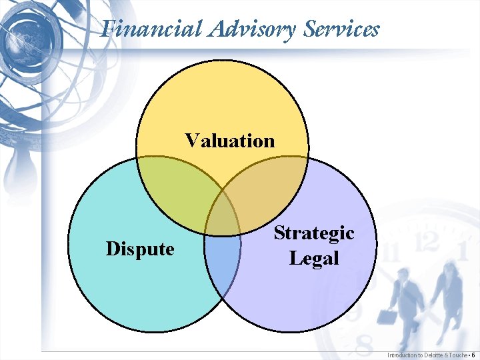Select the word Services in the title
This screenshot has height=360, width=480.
tap(341, 29)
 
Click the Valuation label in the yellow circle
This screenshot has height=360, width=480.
tap(230, 141)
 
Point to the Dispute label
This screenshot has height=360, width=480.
tap(140, 249)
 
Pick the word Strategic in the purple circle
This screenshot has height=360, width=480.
tap(314, 233)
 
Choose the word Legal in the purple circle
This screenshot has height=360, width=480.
tap(314, 257)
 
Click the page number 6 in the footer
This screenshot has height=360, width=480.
tap(473, 355)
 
